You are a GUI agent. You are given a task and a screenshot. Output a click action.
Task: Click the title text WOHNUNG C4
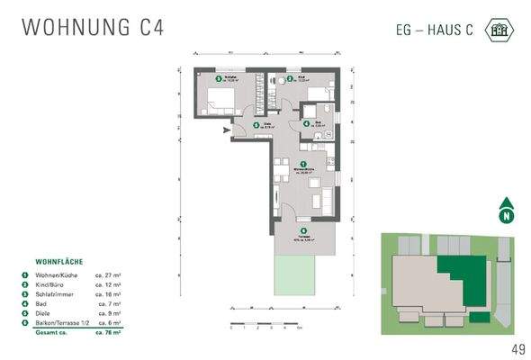point(92,27)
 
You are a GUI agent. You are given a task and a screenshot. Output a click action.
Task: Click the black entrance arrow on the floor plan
point(225,132)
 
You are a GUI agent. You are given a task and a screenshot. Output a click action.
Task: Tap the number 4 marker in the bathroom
point(306,123)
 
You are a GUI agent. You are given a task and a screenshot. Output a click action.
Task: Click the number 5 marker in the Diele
point(256,125)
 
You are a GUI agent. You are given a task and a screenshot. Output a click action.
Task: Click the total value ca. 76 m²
point(110,331)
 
